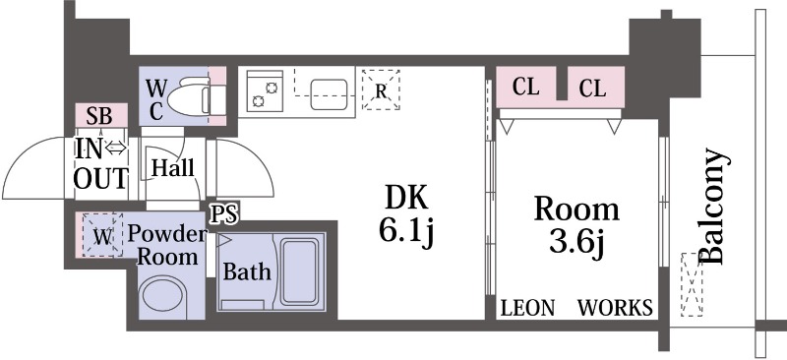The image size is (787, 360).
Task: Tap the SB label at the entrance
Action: (99, 116)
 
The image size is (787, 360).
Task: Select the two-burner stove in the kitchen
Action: (265, 90)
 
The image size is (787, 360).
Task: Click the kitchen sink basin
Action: (329, 94)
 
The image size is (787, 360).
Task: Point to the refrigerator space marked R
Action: (381, 90)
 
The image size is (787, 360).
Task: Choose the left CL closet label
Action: (526, 88)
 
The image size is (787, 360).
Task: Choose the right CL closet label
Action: (592, 89)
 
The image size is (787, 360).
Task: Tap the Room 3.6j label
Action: (576, 227)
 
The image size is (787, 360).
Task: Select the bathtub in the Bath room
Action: (299, 271)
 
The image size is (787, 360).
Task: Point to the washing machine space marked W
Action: (102, 235)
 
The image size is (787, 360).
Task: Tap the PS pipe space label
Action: (224, 213)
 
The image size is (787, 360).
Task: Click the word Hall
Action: (173, 167)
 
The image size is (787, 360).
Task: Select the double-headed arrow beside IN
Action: (116, 148)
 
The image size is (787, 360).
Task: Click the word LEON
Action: (528, 308)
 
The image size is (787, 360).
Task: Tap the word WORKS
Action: (616, 308)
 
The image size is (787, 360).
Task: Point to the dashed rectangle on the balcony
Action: (692, 284)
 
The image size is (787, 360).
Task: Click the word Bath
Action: (247, 271)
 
